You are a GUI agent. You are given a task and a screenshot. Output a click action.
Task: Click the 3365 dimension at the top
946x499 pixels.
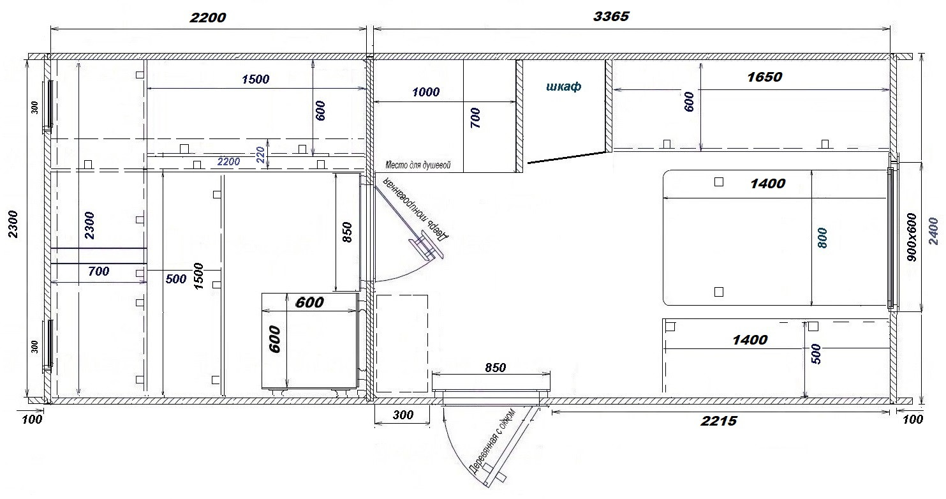[x=611, y=17]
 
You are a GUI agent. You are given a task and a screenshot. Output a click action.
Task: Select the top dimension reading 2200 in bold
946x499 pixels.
[x=208, y=18]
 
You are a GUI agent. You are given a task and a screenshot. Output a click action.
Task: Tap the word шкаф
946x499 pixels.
[x=563, y=87]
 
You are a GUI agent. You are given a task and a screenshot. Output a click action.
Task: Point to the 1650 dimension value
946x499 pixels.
[x=764, y=77]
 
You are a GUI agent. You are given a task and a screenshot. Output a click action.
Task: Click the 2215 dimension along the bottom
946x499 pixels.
[x=719, y=421]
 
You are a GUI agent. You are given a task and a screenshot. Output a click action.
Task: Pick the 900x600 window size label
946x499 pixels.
[x=912, y=237]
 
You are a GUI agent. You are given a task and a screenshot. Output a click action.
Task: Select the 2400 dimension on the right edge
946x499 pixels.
[x=933, y=231]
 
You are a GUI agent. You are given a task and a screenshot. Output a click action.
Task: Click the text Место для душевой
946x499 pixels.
[x=418, y=165]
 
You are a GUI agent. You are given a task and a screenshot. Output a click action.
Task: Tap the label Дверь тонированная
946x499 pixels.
[x=415, y=208]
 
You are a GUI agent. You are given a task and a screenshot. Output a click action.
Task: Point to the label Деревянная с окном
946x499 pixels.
[x=493, y=441]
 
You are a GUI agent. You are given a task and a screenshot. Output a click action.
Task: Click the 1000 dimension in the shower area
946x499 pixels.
[x=425, y=92]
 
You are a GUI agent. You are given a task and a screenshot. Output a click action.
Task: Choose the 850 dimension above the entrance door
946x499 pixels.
[x=495, y=368]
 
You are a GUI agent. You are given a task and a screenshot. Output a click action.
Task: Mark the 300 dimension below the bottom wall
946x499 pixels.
[x=403, y=415]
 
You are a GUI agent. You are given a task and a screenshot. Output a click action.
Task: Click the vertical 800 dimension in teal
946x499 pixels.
[x=822, y=238]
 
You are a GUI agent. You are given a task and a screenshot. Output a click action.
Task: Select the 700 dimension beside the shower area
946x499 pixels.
[x=475, y=118]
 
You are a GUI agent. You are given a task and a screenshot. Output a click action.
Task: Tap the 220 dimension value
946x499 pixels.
[x=260, y=155]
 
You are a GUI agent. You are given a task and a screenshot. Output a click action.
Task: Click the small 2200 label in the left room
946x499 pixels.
[x=228, y=161]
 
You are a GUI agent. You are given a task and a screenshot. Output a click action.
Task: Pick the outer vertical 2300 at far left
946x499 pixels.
[x=13, y=225]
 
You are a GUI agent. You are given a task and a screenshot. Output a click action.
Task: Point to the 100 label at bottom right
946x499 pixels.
[x=913, y=420]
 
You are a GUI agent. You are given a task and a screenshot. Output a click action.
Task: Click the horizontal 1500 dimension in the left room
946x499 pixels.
[x=256, y=79]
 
